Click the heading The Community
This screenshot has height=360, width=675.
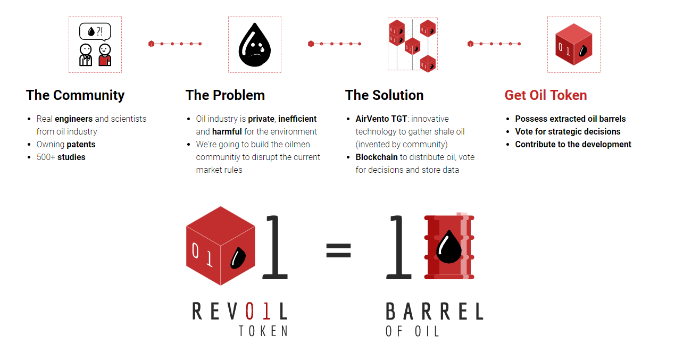[x=75, y=96]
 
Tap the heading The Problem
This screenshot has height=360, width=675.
[x=225, y=95]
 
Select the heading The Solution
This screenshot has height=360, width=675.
[x=384, y=95]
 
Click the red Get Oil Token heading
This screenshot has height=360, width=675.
[x=546, y=95]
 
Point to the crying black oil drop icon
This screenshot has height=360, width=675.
[x=255, y=45]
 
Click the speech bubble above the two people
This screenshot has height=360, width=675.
[x=95, y=32]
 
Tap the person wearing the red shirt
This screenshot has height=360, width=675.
[x=105, y=55]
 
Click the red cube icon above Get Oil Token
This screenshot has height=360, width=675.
[x=574, y=44]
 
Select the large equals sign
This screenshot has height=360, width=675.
[x=338, y=250]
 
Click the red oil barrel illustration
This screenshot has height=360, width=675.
[x=449, y=246]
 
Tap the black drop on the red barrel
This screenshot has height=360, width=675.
[x=449, y=247]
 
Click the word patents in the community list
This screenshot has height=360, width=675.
[x=81, y=145]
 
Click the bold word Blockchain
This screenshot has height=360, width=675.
[x=377, y=157]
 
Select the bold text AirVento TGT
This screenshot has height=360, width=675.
[x=381, y=119]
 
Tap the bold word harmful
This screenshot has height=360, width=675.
[x=227, y=132]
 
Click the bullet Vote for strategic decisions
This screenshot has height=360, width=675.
[x=568, y=132]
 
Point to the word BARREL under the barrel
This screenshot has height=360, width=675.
[x=435, y=312]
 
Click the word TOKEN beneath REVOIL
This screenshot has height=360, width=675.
[x=264, y=331]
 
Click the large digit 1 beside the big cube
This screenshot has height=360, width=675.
[x=275, y=247]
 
